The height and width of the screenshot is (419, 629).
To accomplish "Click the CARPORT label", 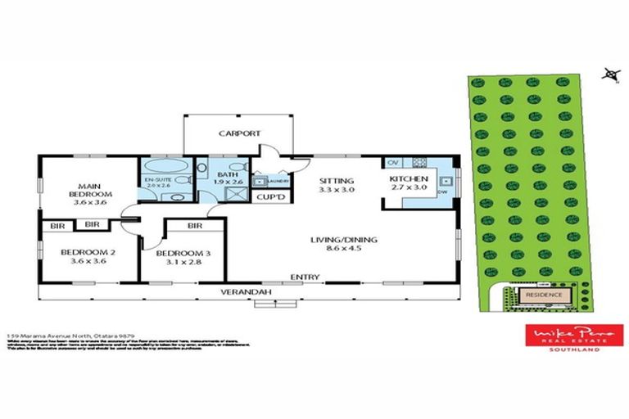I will coord(239,133).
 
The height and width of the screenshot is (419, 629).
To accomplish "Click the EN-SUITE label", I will coord(156,179).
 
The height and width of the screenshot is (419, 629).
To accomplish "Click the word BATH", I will coord(227,174).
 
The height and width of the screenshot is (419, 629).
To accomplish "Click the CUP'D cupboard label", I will coord(270,198).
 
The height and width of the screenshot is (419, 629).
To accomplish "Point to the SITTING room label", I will coord(336,181).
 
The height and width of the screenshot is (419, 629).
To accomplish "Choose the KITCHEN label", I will coord(408,178).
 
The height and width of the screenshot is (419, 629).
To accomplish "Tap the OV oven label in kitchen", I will coord(392,161).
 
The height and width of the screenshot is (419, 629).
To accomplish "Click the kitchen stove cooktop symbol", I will coord(421,161).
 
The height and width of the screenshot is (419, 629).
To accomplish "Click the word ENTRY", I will coord(305,277).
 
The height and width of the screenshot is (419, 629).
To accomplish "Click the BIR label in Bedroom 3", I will coord(194,225).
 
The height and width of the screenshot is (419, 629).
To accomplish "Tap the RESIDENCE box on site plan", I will coord(543,295).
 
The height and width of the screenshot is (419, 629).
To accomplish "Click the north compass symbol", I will coord(609,74).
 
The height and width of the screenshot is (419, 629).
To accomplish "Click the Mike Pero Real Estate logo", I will coord(573,337).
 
